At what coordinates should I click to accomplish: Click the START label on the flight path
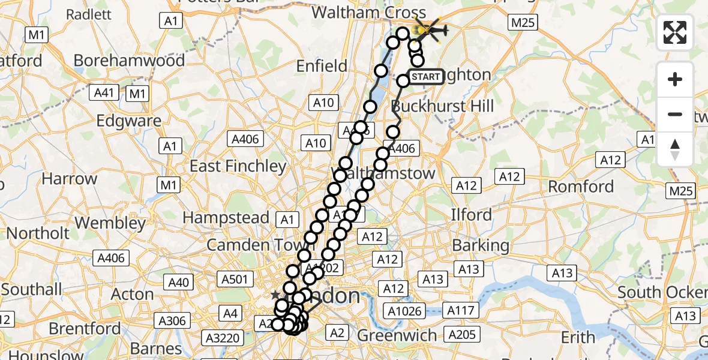click(426, 77)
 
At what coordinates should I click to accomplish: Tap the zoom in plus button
click(675, 79)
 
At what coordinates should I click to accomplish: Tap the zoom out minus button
click(675, 114)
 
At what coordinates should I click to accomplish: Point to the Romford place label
click(581, 187)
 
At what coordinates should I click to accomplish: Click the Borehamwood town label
click(129, 61)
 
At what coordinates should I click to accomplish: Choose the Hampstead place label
click(226, 217)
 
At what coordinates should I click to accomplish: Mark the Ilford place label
click(472, 215)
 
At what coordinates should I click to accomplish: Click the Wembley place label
click(110, 223)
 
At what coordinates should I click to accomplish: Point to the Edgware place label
click(129, 121)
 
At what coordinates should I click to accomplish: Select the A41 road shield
click(104, 93)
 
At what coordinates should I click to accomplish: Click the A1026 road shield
click(406, 311)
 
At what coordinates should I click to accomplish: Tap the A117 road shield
click(460, 310)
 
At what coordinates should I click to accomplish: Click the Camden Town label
click(246, 245)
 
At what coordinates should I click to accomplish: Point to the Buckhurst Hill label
click(442, 107)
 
